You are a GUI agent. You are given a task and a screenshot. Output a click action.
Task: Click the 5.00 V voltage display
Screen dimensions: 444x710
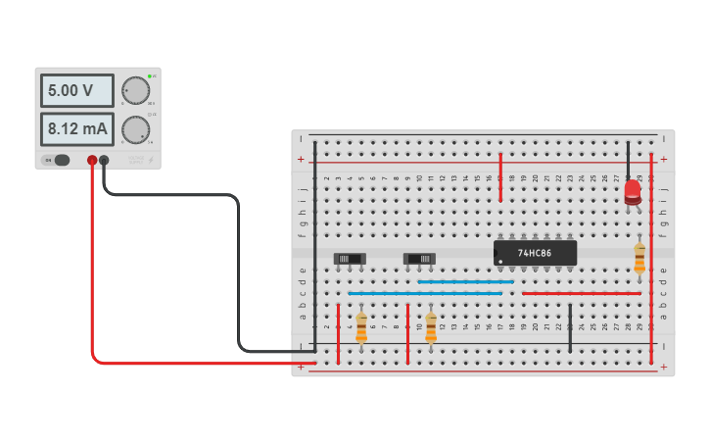point(76,91)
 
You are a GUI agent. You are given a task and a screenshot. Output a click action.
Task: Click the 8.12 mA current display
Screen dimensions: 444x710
point(76,128)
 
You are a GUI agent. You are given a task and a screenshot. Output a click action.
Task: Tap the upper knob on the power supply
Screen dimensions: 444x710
point(135,91)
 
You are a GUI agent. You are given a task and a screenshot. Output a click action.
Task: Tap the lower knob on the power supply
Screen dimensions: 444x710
point(135,128)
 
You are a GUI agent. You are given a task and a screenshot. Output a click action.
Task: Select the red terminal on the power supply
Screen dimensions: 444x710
point(92,160)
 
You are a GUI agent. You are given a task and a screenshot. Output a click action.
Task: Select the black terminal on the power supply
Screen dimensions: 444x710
point(104,160)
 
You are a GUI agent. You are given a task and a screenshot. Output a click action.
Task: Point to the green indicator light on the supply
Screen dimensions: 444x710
point(150,75)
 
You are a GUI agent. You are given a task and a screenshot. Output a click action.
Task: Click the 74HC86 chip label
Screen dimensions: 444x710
point(535,253)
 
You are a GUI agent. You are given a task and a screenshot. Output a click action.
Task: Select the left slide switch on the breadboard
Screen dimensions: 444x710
point(350,259)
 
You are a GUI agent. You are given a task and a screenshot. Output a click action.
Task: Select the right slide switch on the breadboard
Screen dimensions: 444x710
point(419,259)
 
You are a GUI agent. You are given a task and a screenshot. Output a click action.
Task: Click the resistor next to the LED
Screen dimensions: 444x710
point(639,258)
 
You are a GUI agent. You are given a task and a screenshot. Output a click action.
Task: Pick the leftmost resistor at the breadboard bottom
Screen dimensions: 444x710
point(361,327)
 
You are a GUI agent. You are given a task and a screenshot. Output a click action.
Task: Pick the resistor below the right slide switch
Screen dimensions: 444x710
point(431,327)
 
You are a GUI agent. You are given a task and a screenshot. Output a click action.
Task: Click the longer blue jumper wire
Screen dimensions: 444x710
point(425,293)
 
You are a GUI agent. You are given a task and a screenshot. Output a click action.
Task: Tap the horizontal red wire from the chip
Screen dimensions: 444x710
point(582,293)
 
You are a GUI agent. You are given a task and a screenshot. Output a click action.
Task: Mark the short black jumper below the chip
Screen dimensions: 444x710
point(570,327)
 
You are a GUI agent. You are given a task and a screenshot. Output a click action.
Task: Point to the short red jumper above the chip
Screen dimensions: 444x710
point(500,176)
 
